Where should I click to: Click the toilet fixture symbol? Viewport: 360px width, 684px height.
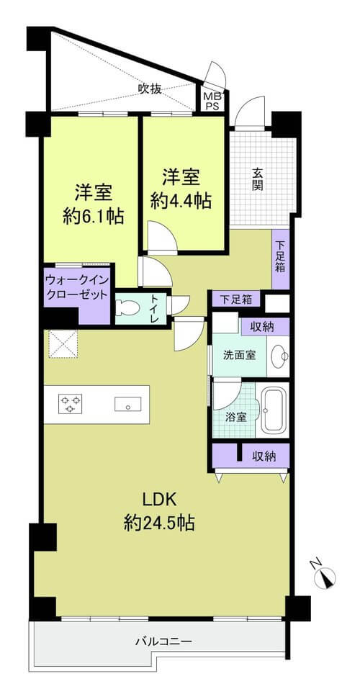pos(127,308)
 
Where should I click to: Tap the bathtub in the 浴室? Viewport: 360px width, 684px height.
pos(274,410)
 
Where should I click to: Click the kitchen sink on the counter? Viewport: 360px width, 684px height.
pos(128,405)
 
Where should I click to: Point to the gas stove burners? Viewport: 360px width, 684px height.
pos(71,403)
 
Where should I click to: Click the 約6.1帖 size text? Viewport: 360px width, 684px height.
pos(92,216)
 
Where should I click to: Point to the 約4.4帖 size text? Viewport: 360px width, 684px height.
pos(181,201)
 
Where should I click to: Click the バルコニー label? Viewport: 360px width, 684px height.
pos(163,642)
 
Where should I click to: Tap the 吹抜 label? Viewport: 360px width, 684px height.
pos(150,89)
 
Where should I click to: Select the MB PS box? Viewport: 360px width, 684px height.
pos(212,102)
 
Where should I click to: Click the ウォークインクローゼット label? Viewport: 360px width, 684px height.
pos(77,286)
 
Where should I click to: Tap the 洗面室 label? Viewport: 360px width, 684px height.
pos(239,356)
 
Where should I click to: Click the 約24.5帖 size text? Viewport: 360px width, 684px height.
pos(160,522)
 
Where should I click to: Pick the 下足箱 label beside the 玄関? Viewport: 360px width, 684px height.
pos(280,258)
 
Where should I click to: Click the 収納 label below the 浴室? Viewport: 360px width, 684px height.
pos(264,456)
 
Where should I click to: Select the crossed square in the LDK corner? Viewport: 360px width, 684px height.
pos(63,344)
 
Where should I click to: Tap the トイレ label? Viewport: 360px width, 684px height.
pos(155,307)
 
